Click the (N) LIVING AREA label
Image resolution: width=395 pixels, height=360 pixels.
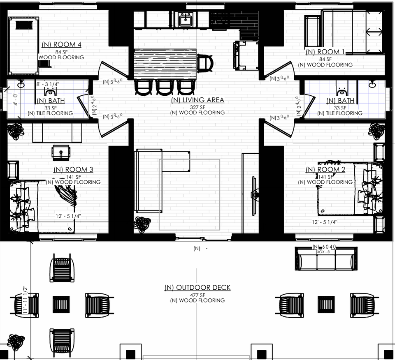click(197, 100)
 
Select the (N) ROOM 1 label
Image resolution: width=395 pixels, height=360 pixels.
click(325, 52)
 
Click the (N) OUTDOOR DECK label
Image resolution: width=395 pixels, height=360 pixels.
click(197, 288)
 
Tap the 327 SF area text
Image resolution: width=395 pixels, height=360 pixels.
click(197, 106)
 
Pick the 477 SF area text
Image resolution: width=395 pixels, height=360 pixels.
click(197, 294)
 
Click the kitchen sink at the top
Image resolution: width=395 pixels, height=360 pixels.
click(186, 19)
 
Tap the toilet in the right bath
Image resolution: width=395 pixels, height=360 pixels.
click(340, 87)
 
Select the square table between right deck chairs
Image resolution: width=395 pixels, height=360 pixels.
click(325, 305)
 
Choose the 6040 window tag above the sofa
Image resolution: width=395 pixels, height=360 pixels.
click(325, 247)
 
